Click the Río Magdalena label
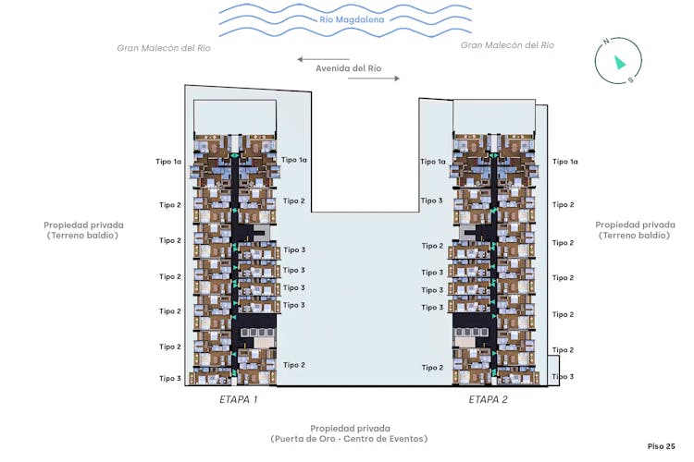coord(352,19)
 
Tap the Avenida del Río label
coord(348,68)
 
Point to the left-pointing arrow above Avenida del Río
coord(324,59)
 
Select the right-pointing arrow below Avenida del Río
coord(374,79)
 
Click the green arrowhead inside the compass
coord(620,62)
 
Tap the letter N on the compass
coord(606,41)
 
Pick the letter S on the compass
coord(630,80)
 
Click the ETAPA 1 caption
coord(238,399)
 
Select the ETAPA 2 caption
coord(489,399)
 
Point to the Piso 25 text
coord(662,446)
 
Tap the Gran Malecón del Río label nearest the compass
coord(507,45)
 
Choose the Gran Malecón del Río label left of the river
coord(164,48)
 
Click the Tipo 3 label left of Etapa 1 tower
coord(170,379)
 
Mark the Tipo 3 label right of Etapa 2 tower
coord(563,377)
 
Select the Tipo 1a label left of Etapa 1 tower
coord(168,162)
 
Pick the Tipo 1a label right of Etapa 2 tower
coord(564,162)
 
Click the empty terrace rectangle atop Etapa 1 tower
coord(235,116)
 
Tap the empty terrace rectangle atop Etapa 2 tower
coord(494,115)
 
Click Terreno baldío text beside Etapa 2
coord(634,236)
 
